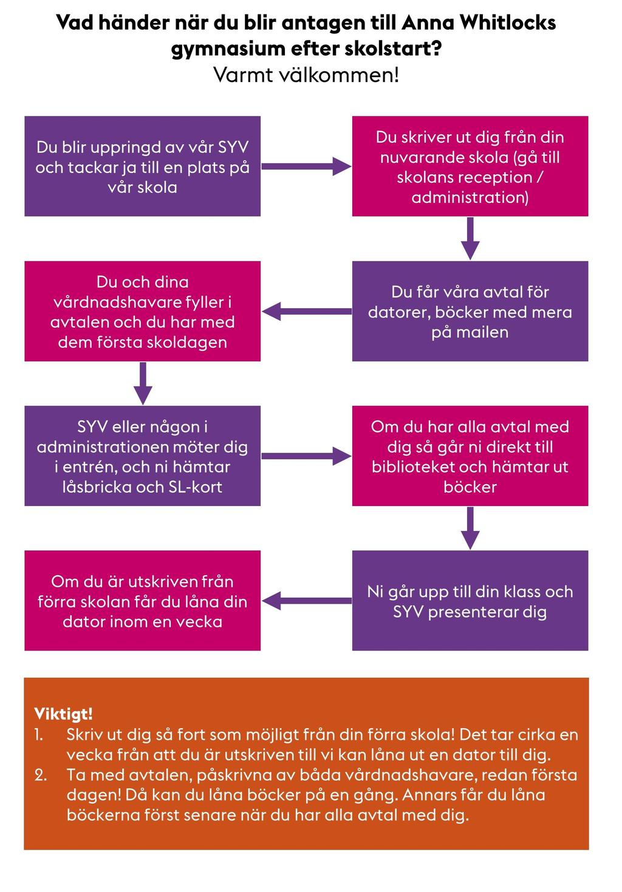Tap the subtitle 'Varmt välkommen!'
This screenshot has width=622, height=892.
tap(306, 75)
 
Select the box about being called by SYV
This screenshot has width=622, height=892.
tap(142, 166)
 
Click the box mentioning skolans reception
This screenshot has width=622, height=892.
tap(470, 166)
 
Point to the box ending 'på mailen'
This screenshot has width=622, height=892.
tap(470, 311)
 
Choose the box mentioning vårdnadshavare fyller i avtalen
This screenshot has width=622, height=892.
tap(142, 311)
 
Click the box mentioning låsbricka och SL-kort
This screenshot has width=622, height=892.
tap(142, 456)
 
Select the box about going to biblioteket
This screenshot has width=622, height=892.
tap(470, 456)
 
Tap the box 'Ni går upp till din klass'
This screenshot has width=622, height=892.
tap(470, 601)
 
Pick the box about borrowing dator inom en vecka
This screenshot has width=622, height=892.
tap(142, 601)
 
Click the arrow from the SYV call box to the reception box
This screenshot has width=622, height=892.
tap(306, 166)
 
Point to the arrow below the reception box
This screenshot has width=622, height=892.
tap(471, 238)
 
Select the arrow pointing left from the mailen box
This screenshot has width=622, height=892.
tap(306, 311)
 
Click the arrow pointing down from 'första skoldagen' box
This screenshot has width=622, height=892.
tap(143, 383)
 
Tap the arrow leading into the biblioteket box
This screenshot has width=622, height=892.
tap(306, 456)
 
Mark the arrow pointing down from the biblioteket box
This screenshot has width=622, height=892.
tap(471, 528)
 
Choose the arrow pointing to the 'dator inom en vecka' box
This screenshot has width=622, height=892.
tap(306, 601)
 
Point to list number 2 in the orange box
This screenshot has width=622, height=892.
tap(40, 775)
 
